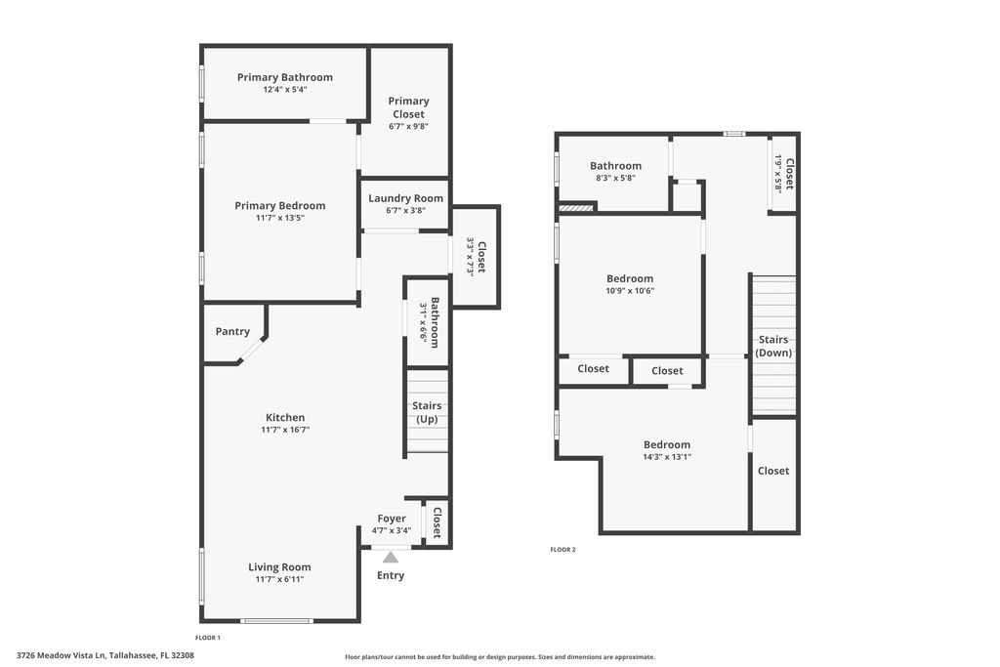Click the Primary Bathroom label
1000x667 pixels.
tap(284, 77)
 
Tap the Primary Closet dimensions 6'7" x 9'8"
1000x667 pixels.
tap(408, 126)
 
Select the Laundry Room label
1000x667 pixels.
tap(405, 198)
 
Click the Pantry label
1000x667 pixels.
tap(232, 332)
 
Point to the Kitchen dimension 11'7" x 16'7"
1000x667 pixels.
tap(284, 430)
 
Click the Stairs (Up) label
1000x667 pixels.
tap(427, 412)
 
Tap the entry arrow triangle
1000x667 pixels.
tap(391, 558)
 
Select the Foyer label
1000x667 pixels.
tap(392, 519)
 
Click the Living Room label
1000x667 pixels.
tap(279, 567)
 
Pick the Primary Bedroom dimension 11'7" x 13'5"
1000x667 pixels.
tap(279, 218)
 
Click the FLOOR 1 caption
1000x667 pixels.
tap(208, 638)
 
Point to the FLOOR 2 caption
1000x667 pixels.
tap(562, 550)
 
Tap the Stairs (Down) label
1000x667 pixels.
tap(773, 347)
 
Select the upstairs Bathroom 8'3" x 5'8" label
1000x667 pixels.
tap(615, 166)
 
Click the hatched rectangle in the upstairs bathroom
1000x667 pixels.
tap(576, 207)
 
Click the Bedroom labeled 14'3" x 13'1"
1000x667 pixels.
tap(666, 445)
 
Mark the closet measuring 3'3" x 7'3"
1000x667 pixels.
tap(476, 256)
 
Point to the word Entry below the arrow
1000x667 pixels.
tap(391, 576)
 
